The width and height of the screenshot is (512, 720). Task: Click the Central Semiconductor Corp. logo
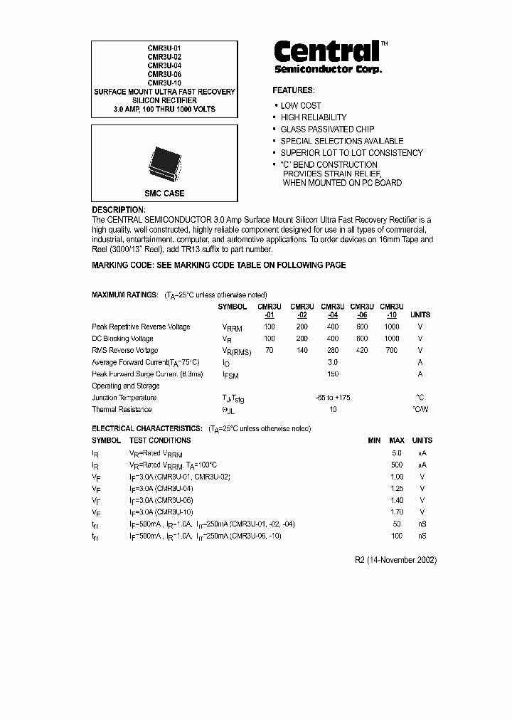(x=329, y=55)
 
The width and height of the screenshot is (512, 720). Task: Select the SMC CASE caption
(x=164, y=194)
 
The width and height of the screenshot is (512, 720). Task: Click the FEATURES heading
(x=293, y=90)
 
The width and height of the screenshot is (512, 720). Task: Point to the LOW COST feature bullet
(x=300, y=105)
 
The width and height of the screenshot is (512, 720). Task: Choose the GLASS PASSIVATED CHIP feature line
(x=327, y=129)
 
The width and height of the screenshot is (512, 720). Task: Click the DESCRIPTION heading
(x=119, y=211)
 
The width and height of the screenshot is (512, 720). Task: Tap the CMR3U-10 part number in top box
(x=164, y=83)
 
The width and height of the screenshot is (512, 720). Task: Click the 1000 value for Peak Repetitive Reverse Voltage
(x=391, y=327)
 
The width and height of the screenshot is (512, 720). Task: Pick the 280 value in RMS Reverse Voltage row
(x=333, y=350)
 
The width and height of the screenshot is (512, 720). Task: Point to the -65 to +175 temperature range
(x=332, y=397)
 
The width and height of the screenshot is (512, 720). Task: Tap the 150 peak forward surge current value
(x=333, y=374)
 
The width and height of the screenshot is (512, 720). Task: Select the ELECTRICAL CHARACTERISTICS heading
(x=147, y=429)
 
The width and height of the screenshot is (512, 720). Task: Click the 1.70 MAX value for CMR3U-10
(x=397, y=512)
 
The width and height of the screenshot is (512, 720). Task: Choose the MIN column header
(x=374, y=441)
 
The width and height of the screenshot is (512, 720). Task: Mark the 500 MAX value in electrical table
(x=397, y=465)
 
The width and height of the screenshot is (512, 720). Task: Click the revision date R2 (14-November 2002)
(x=395, y=560)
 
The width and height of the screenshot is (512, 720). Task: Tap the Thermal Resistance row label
(x=122, y=409)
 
